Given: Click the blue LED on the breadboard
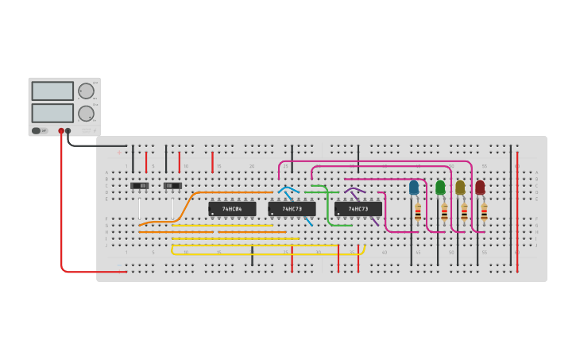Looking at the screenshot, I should pos(414,188).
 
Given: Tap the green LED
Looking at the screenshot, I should pos(440,188).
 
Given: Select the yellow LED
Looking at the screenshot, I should pos(460,188).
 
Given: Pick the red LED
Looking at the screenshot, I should pos(480,188).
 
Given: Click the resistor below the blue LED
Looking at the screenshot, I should pos(418,212).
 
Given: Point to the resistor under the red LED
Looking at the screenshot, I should pos(484,212).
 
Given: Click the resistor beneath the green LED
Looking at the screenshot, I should pos(444,212).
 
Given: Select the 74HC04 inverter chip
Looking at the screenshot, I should pos(232,209).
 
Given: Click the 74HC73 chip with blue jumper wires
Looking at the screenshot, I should pos(292,209).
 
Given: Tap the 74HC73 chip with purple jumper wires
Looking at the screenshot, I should pos(358,209).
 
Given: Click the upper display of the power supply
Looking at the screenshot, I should pos(52,91).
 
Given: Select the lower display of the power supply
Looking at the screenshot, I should pos(52,113).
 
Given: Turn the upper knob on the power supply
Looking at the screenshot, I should pos(86,91).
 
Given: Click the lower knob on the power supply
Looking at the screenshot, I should pos(86,113).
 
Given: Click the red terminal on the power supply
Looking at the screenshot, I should pos(61,131).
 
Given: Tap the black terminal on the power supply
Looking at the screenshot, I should pos(68,131).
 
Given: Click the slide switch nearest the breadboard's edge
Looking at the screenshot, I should pos(140,186).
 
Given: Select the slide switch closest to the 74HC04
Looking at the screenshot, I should pos(172,186).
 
